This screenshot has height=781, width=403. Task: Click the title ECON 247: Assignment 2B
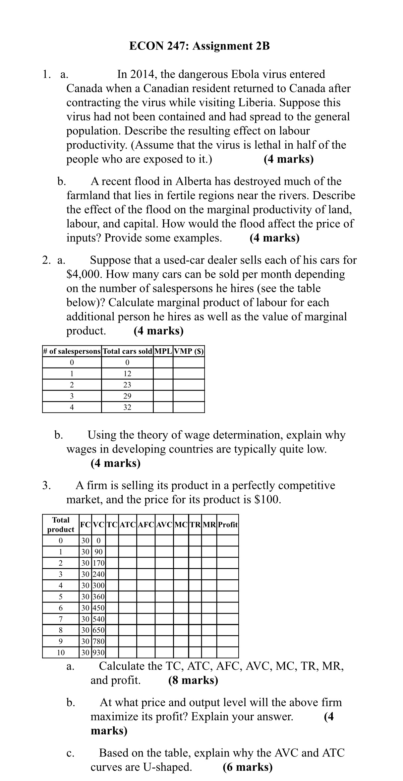point(199,46)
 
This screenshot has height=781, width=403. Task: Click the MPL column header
point(163,351)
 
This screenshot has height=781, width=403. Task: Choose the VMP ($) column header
point(189,351)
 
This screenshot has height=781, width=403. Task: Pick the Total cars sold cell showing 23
point(127,385)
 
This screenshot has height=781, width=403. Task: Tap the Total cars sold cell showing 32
point(127,407)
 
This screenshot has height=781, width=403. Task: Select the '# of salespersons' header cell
point(72,351)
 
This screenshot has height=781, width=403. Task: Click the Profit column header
point(228,525)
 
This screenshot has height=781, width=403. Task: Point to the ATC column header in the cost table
point(128,525)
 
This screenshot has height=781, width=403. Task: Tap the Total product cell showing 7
point(61,619)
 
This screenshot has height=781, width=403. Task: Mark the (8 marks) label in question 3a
point(193,680)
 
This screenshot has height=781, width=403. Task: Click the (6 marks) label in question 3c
point(248,767)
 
